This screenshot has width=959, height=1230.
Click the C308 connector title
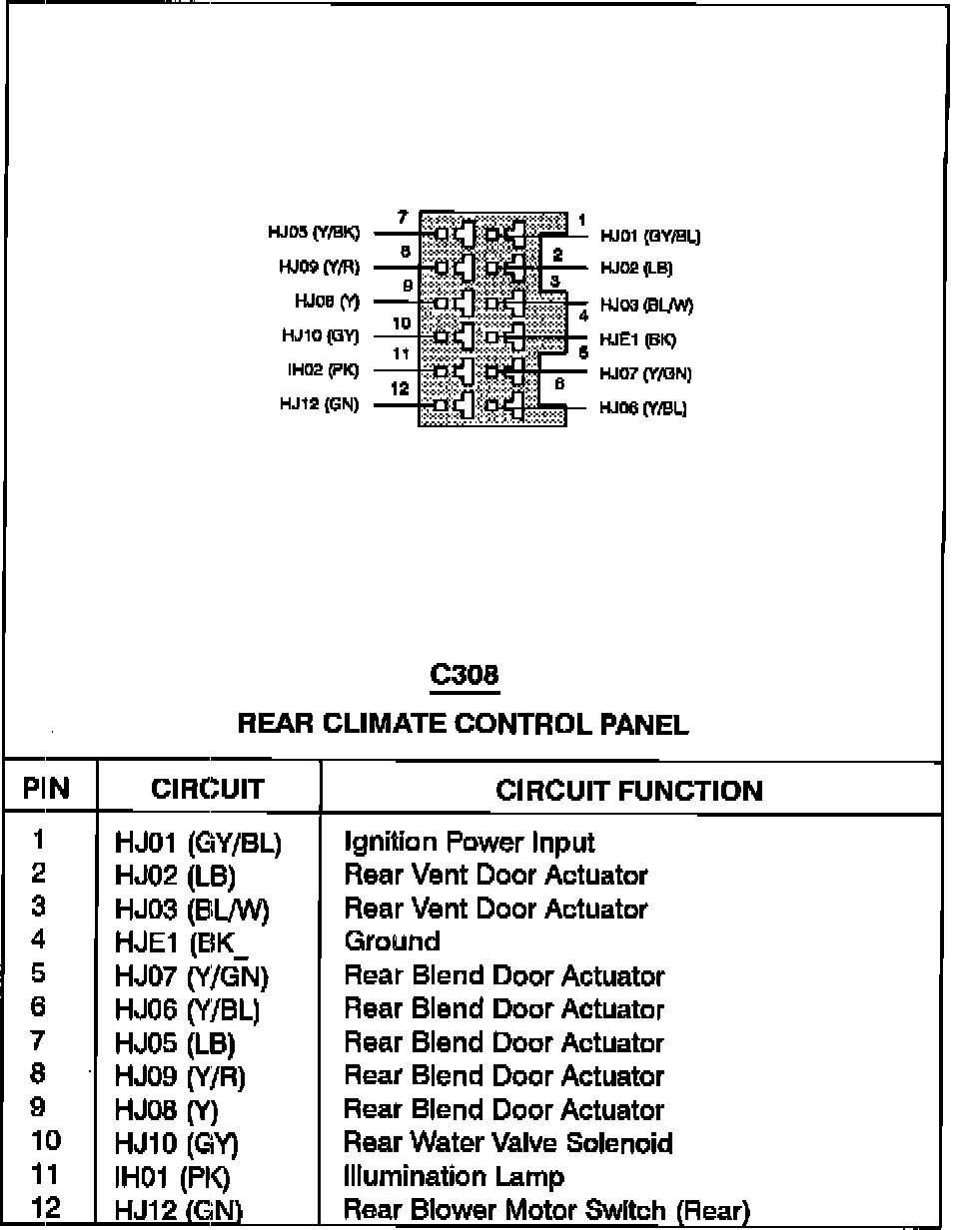point(464,676)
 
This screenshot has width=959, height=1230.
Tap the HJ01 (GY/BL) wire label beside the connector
point(649,237)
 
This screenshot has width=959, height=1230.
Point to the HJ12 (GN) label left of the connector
point(320,405)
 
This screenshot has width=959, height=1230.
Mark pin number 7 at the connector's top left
point(402,217)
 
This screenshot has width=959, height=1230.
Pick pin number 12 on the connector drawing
point(400,388)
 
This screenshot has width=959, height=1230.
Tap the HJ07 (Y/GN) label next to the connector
point(645,373)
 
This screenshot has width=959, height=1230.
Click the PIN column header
point(47,790)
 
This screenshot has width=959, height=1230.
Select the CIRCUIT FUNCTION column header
point(628,792)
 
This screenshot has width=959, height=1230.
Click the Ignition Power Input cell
point(469,843)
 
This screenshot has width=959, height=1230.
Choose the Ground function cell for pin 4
point(392,941)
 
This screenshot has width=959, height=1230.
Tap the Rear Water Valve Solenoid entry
point(507,1143)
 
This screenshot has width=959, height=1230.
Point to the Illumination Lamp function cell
point(454,1177)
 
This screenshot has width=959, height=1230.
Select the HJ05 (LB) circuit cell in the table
point(175,1043)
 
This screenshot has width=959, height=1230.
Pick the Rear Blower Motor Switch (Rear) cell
point(545,1211)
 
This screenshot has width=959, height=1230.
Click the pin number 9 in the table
point(39,1107)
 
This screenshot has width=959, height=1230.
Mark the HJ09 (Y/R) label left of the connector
point(320,268)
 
